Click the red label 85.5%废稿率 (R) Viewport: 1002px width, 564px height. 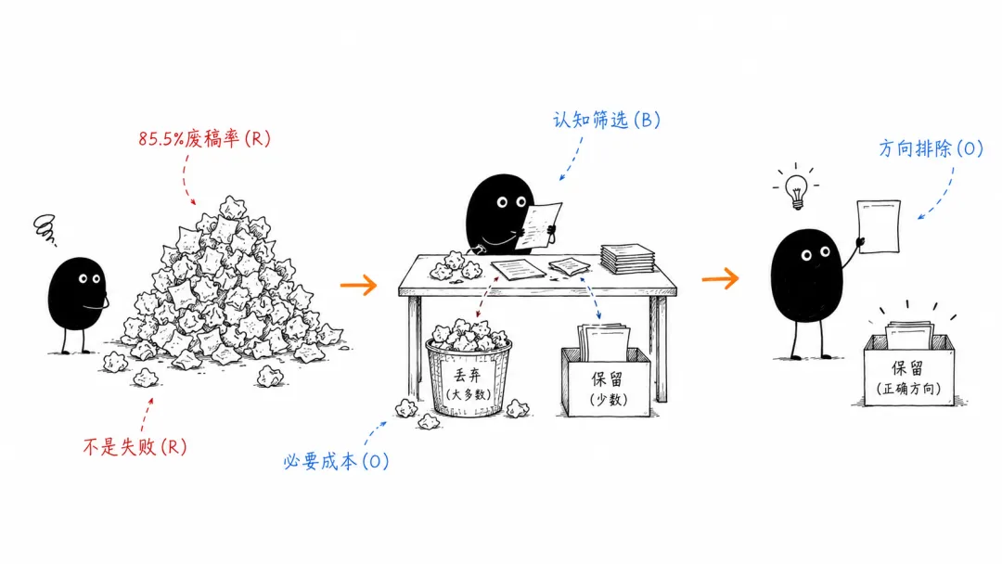(x=204, y=138)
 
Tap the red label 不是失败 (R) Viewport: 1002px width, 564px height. (x=135, y=446)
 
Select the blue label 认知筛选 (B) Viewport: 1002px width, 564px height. (x=607, y=120)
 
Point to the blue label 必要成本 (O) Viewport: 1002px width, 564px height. (x=336, y=461)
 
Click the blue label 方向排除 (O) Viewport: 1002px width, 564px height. (x=931, y=148)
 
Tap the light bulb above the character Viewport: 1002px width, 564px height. (x=796, y=190)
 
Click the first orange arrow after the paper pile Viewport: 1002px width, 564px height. (x=358, y=285)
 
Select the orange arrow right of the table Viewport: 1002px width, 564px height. (x=720, y=278)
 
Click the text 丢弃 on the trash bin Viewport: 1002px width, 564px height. (x=467, y=376)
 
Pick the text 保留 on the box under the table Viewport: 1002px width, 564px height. (x=607, y=379)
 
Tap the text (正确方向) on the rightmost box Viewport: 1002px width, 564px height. (x=908, y=389)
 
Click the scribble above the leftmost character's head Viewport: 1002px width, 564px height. (x=45, y=229)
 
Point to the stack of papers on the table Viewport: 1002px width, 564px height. (x=627, y=258)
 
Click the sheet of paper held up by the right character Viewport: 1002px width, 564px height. (x=879, y=226)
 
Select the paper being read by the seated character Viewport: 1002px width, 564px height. (x=538, y=225)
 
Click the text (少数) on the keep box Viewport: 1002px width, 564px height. (x=608, y=400)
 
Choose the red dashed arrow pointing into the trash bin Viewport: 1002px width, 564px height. (x=487, y=298)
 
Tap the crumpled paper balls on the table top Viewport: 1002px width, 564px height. (x=455, y=266)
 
